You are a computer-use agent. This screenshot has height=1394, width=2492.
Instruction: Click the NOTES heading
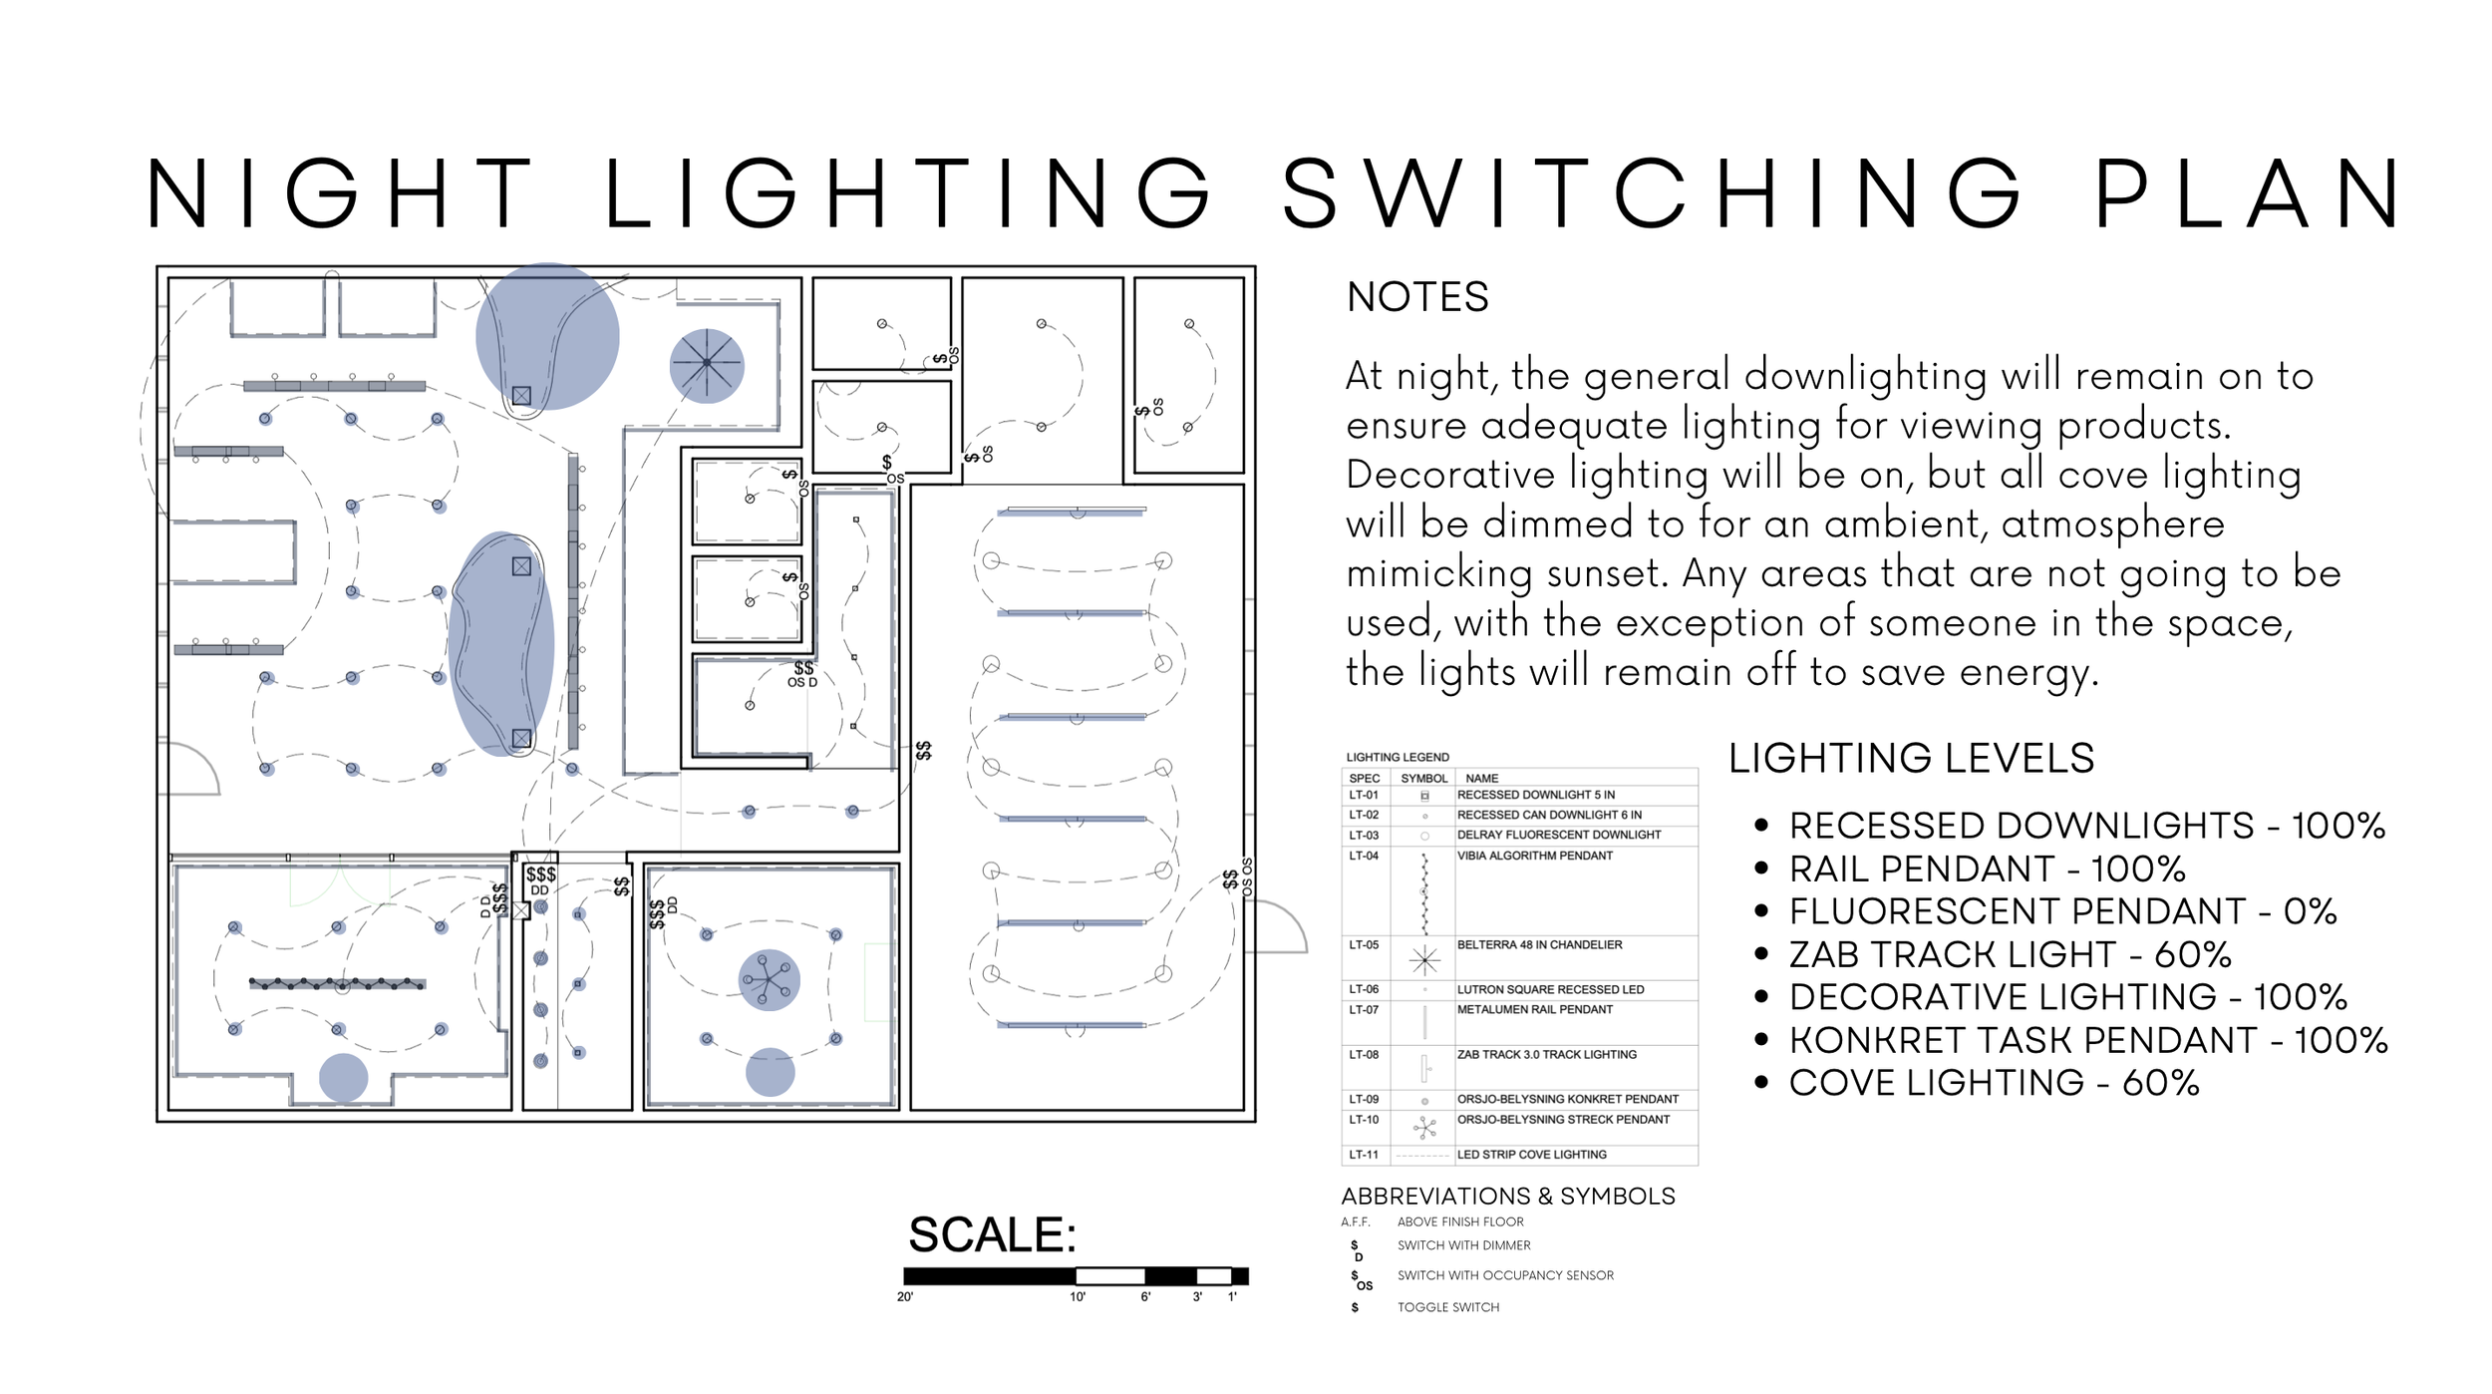tap(1416, 297)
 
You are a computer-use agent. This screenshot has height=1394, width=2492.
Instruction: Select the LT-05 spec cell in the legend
tap(1363, 944)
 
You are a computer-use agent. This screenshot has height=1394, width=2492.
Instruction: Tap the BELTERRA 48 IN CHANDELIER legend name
tap(1538, 944)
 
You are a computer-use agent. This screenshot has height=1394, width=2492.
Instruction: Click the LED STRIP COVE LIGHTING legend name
tap(1531, 1154)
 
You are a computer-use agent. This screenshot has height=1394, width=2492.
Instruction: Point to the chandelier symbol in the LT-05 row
tap(1424, 959)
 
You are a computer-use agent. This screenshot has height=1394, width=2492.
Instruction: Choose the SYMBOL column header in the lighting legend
tap(1423, 778)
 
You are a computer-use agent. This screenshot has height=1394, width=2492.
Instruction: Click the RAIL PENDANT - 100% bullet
tap(1986, 869)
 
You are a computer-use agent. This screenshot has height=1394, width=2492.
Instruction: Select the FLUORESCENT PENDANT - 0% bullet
tap(2061, 911)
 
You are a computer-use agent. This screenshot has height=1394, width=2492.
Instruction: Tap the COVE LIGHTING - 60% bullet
tap(1993, 1083)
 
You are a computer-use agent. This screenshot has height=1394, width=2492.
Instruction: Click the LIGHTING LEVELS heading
tap(1910, 759)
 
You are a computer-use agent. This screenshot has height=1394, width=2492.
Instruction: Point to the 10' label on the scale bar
tap(1077, 1296)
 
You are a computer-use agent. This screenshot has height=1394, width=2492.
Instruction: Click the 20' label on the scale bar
tap(904, 1296)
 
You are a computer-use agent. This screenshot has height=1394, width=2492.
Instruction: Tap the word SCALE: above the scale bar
tap(992, 1234)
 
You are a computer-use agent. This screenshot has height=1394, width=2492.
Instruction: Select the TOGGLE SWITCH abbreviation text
tap(1447, 1307)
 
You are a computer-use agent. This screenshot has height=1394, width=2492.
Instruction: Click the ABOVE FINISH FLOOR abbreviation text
tap(1459, 1221)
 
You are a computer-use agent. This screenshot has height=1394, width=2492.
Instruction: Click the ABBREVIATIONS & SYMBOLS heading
tap(1507, 1196)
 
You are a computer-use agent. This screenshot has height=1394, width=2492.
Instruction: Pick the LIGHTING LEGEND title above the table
tap(1397, 757)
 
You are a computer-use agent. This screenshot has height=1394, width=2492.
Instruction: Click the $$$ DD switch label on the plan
tap(540, 880)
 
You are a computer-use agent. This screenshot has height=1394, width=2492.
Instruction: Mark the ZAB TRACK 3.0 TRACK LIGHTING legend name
tap(1546, 1054)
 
